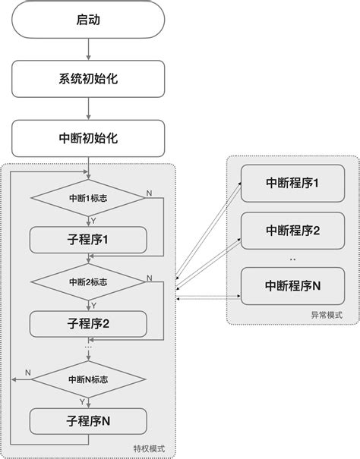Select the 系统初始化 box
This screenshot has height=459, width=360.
click(88, 78)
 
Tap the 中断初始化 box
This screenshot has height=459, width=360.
click(88, 139)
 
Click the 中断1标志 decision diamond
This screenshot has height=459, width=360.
click(88, 200)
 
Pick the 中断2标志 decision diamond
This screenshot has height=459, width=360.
click(88, 281)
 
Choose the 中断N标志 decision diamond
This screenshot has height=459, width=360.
click(88, 378)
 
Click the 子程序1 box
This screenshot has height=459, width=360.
click(88, 241)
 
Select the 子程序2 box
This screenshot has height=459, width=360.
click(88, 324)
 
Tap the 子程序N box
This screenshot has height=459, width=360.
click(88, 420)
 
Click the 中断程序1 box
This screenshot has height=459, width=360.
click(292, 184)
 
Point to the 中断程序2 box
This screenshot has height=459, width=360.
click(292, 231)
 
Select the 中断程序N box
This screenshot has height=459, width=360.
click(292, 285)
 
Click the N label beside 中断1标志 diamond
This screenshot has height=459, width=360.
click(149, 193)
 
